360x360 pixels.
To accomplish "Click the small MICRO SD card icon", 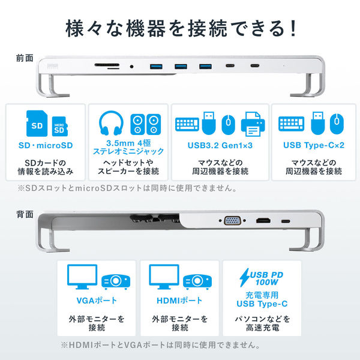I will (x=58, y=127).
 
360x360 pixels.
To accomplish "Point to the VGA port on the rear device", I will (x=232, y=221).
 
